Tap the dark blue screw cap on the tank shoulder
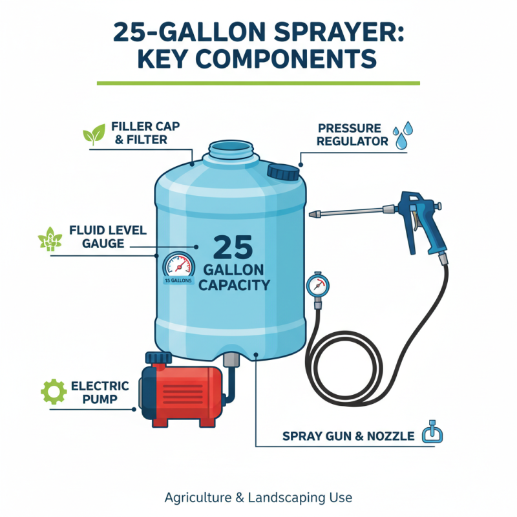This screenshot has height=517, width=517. pos(283,171)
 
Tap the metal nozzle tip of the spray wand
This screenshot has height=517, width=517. pos(315,215)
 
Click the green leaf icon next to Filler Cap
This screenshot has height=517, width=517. pos(93,134)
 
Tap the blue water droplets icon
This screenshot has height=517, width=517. pos(403,134)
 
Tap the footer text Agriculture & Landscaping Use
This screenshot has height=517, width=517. pos(258,498)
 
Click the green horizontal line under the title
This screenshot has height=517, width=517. pos(258,83)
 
